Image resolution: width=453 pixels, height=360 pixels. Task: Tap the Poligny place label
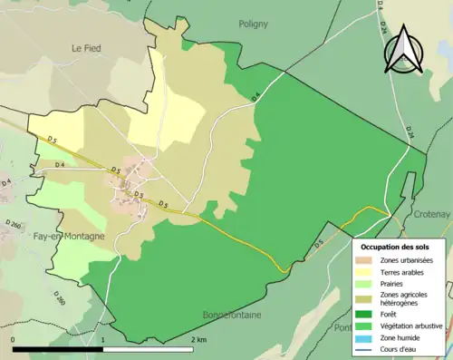pos(257,24)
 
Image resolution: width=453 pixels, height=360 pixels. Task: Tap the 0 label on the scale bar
pos(14,338)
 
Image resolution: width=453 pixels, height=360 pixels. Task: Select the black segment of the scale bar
pos(57,348)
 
